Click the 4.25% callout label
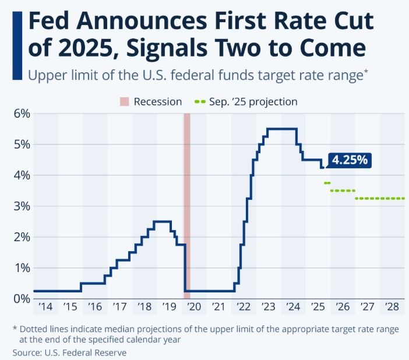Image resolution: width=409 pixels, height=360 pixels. coord(350,160)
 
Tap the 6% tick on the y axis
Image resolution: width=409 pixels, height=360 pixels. coord(20,114)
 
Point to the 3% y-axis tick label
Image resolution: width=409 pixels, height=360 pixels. coord(20,206)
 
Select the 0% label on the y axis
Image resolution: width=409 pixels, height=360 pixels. coord(20,299)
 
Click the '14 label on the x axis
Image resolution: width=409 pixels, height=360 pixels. coord(45,307)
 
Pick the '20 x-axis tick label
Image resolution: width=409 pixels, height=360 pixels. coord(194,307)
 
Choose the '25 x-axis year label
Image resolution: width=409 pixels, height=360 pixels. coord(318,307)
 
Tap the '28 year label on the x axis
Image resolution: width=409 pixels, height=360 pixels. coord(392,307)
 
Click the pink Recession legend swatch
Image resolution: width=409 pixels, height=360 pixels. coord(124,102)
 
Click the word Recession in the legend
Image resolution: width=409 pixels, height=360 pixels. coord(158,102)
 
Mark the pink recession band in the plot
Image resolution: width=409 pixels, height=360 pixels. coord(187,204)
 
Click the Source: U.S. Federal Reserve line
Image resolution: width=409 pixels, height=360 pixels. coord(69,352)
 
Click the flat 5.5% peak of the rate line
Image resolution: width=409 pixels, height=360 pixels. coord(282,129)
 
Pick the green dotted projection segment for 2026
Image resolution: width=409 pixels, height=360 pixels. coord(343,190)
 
